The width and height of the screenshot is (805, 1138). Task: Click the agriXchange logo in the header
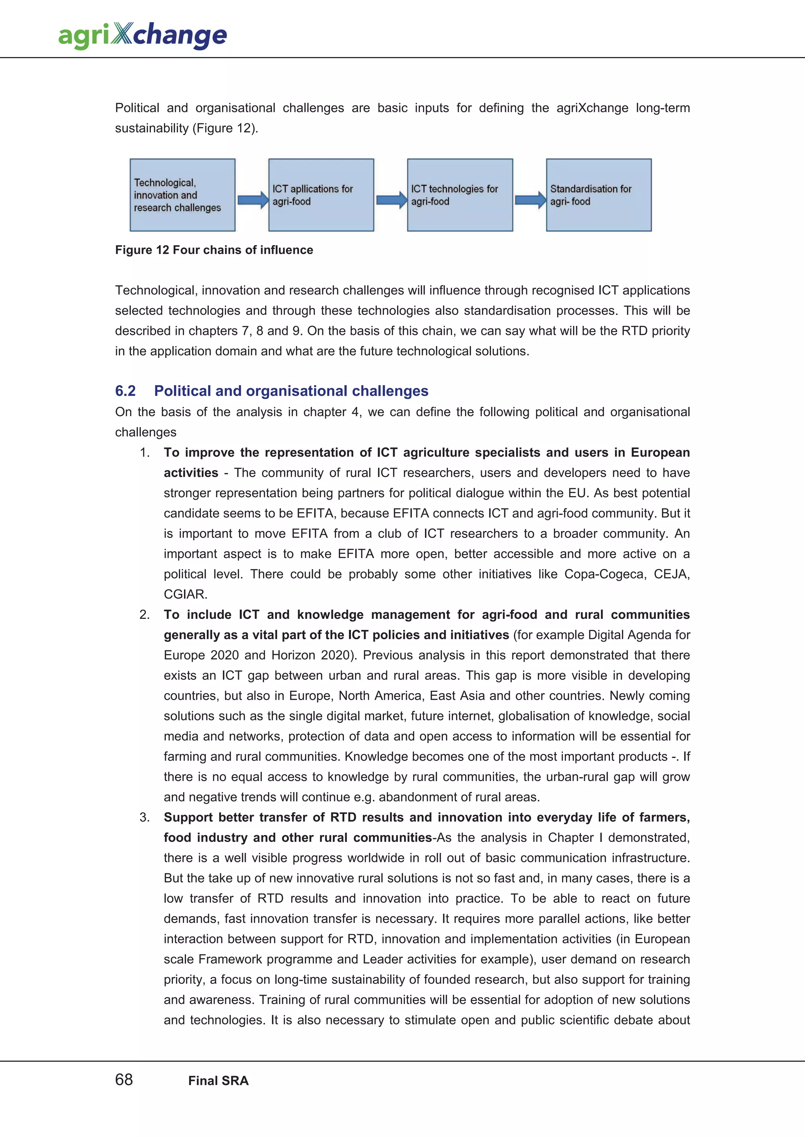(142, 35)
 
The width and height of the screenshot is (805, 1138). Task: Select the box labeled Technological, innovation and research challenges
(182, 195)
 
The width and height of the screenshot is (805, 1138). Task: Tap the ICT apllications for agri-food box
(321, 195)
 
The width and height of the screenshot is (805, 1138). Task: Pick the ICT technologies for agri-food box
(460, 195)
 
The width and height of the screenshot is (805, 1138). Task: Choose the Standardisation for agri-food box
(599, 195)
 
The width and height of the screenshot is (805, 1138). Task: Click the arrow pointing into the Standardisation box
(530, 200)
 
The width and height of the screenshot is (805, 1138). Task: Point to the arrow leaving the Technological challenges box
(252, 200)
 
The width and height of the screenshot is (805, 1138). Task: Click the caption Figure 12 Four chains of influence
(214, 250)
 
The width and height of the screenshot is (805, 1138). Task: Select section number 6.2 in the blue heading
(125, 391)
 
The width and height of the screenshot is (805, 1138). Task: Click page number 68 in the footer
(124, 1079)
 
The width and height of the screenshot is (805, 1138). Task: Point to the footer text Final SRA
(218, 1081)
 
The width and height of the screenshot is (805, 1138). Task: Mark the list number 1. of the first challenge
(144, 452)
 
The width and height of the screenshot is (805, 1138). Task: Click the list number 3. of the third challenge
(144, 817)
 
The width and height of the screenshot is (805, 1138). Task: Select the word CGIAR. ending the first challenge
(186, 594)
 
